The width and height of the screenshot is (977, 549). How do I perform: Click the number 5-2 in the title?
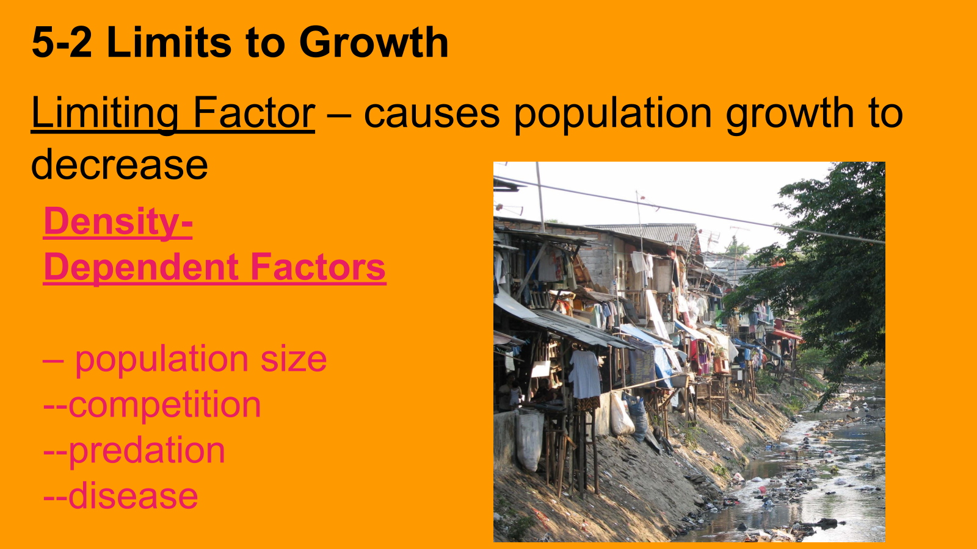pos(62,42)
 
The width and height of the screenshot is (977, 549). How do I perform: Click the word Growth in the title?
pos(374,42)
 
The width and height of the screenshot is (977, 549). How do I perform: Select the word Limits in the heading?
pos(169,42)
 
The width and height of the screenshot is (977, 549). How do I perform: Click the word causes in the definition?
pos(432,114)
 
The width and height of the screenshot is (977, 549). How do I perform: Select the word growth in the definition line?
pos(790,115)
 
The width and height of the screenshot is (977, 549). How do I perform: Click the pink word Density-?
pos(118,221)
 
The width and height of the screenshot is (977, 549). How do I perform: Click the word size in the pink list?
pos(294,359)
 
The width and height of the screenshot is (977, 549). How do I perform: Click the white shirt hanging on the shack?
pos(584,374)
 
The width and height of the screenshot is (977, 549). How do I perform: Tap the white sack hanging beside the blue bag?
pos(621,414)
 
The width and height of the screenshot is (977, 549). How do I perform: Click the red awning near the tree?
pos(786,335)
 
